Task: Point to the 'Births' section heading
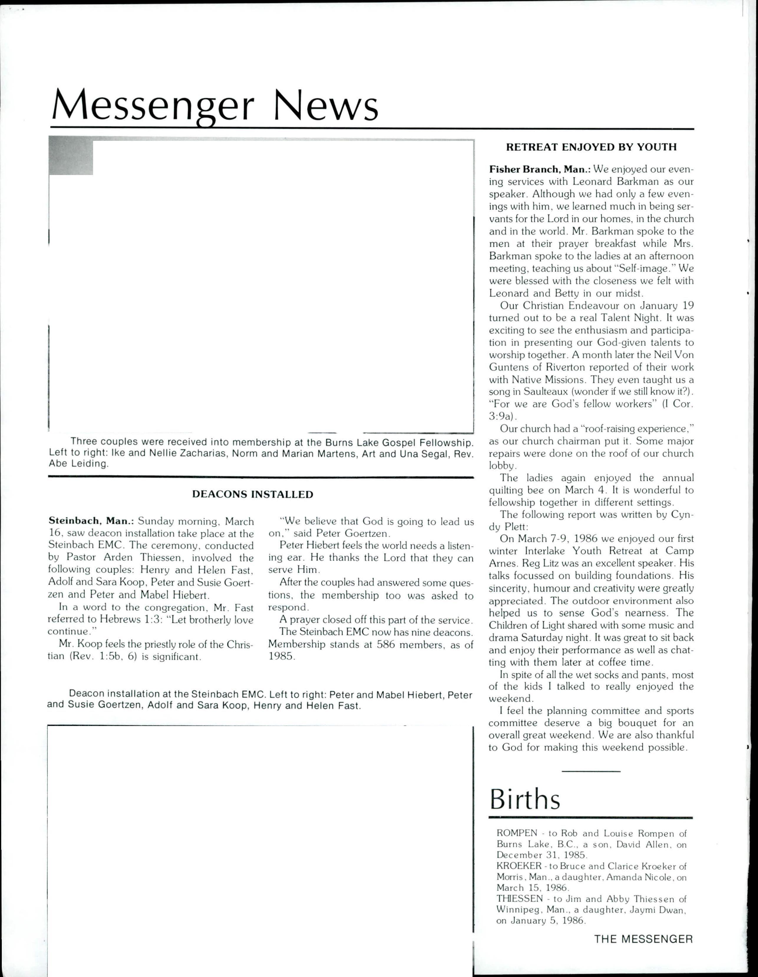click(x=525, y=798)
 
